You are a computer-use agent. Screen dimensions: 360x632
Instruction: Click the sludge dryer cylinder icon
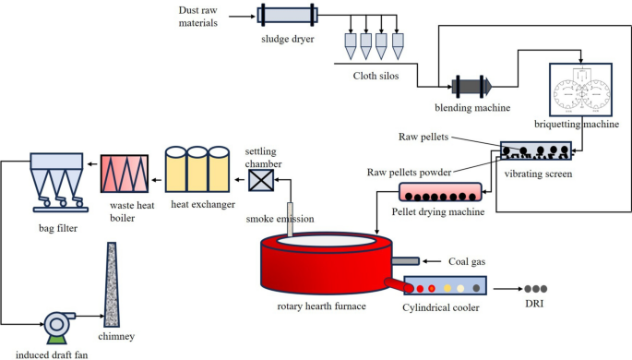click(288, 16)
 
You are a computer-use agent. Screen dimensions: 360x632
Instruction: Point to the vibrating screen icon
click(532, 152)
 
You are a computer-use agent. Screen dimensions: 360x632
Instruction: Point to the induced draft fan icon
click(60, 322)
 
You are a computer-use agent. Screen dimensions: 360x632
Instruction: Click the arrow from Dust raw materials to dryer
click(241, 16)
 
